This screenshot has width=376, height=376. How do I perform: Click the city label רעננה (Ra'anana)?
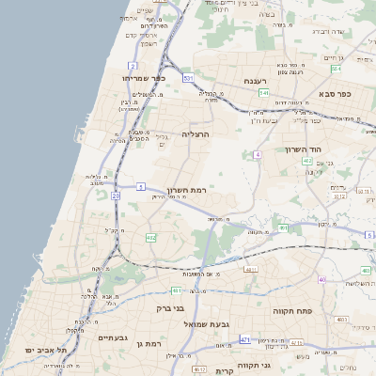point(257,82)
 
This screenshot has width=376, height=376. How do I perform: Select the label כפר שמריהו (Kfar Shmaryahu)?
point(143,78)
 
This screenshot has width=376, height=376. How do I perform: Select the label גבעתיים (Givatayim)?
point(112,337)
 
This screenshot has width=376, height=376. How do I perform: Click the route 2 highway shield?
point(133,66)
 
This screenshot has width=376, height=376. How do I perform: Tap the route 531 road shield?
point(189,77)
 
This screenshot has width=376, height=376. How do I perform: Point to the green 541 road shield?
point(265,94)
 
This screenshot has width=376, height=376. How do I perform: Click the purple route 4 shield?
point(257,153)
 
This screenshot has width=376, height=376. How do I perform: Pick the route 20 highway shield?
point(116,196)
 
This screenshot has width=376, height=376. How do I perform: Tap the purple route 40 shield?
point(321,279)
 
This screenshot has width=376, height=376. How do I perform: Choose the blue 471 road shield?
point(244,338)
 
